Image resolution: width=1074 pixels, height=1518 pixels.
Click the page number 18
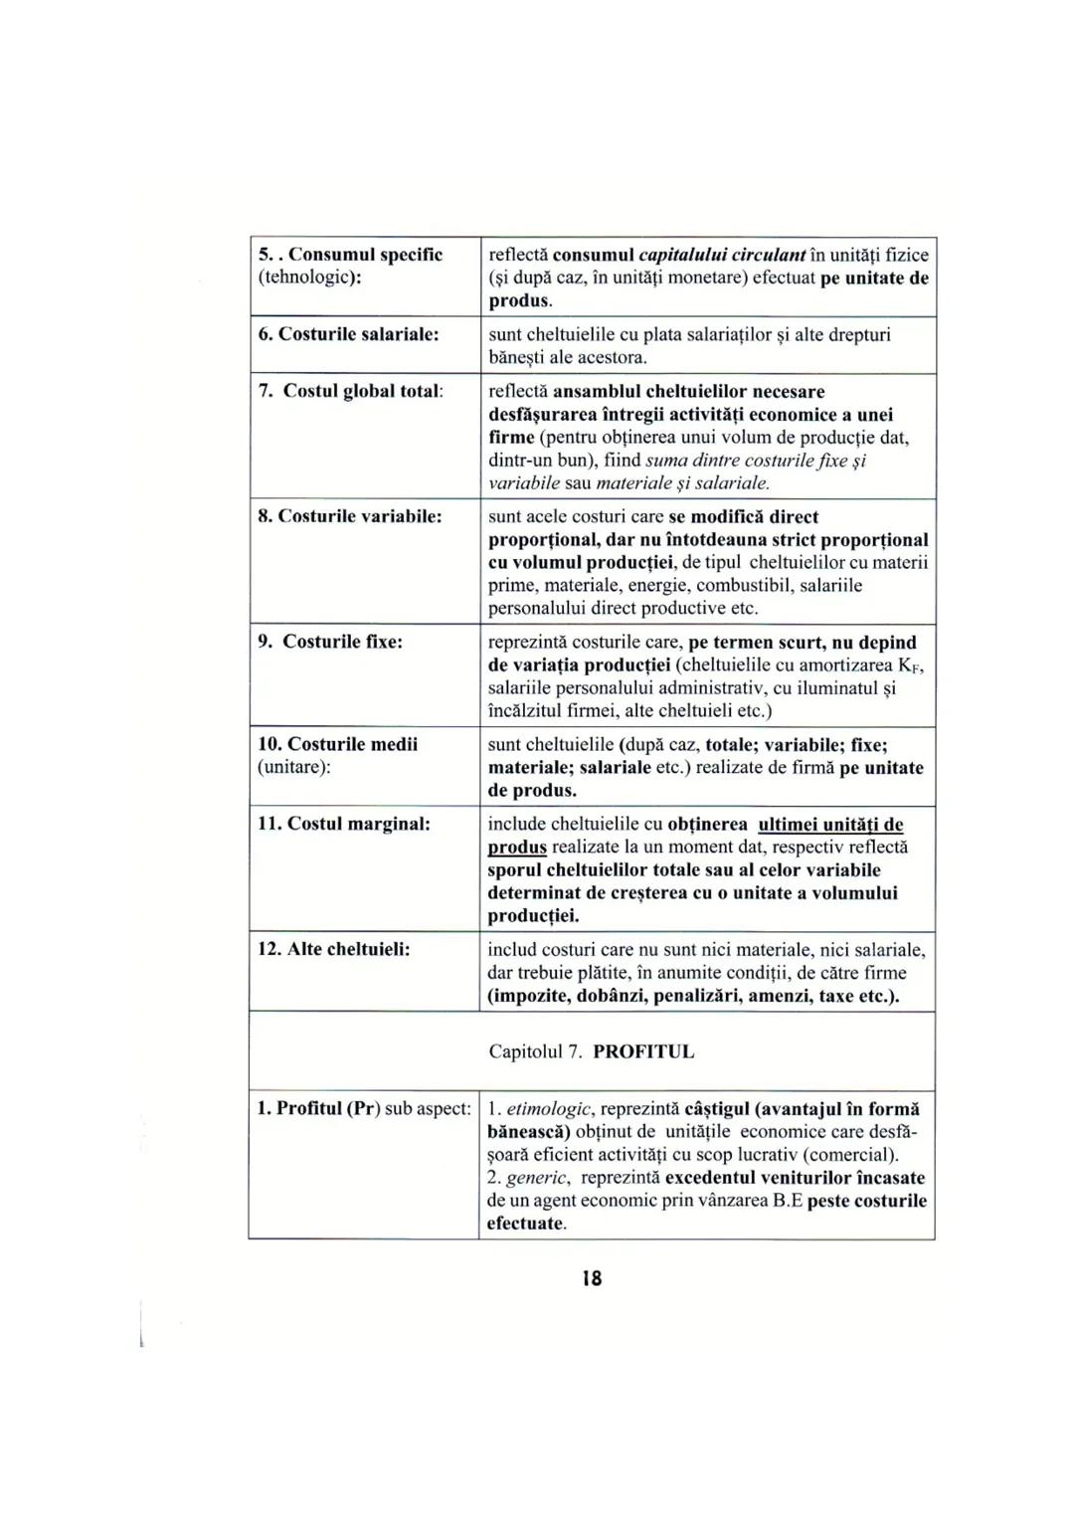[x=592, y=1278]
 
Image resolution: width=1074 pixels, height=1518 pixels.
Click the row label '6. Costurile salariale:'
[x=348, y=334]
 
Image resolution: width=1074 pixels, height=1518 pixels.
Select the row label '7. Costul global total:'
[x=350, y=391]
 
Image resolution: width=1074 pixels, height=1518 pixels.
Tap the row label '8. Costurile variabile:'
[x=350, y=516]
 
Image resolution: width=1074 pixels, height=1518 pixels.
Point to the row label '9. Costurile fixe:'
[x=330, y=642]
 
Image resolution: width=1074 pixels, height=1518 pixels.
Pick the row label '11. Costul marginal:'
[x=344, y=824]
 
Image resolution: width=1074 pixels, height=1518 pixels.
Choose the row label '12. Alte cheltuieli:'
[x=334, y=949]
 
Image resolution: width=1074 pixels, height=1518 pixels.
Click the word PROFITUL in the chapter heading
[x=643, y=1052]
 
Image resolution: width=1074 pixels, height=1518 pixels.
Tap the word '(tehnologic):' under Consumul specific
[x=309, y=278]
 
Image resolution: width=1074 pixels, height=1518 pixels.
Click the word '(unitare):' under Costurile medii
[x=294, y=767]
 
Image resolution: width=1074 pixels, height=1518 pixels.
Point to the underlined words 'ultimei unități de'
[x=830, y=825]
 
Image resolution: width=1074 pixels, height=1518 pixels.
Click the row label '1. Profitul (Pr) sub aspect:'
[x=363, y=1109]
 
